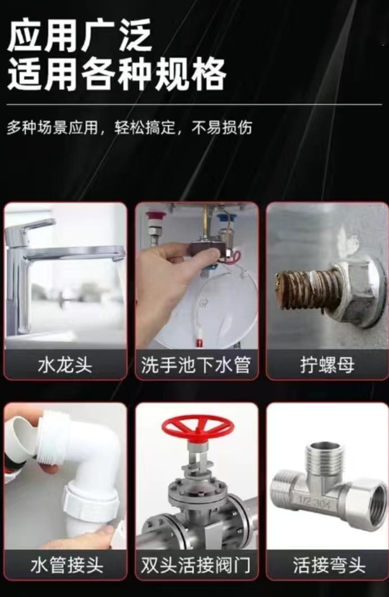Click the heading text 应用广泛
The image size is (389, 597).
[80, 36]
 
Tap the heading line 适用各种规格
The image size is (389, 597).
[117, 74]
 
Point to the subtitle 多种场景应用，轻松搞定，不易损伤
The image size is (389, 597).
[129, 128]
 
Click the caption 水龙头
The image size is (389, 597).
[65, 365]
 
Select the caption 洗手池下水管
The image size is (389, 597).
[196, 365]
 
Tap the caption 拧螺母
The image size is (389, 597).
[327, 365]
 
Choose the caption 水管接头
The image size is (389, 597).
[66, 565]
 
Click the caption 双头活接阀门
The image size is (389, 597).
[196, 565]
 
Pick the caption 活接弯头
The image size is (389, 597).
[329, 565]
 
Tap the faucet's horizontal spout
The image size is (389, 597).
[76, 253]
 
